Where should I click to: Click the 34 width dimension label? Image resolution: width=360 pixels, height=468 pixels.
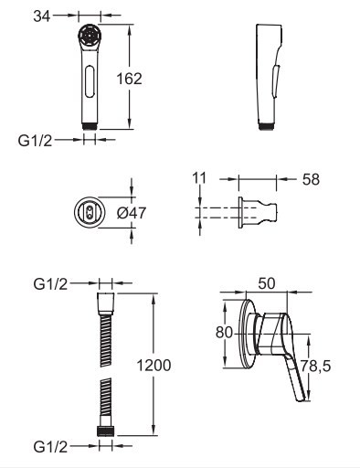pos(41,16)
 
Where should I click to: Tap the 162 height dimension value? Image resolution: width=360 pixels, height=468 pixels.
pos(130,79)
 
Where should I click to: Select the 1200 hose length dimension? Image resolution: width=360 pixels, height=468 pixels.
pos(154,366)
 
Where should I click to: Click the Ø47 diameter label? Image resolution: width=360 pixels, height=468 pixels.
pos(132,213)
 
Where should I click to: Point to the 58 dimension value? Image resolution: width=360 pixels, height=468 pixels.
pos(311,179)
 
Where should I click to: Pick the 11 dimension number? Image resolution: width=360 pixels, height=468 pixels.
pos(199,178)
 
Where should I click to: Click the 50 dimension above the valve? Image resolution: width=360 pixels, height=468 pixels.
pos(267,283)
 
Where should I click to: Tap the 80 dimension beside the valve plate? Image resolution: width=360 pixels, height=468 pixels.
pos(224,332)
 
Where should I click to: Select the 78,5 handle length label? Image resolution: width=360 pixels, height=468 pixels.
pos(315,366)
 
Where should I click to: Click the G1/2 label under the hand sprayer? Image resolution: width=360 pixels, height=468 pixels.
pos(35,141)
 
